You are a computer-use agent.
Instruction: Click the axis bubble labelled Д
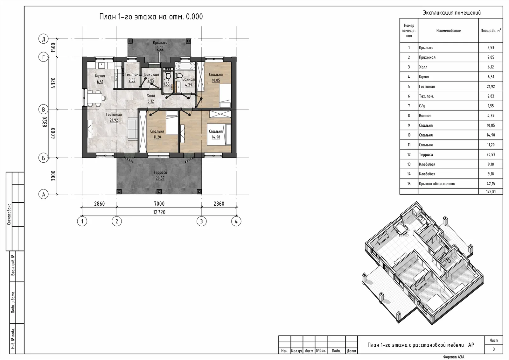43,39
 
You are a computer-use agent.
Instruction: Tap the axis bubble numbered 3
201,221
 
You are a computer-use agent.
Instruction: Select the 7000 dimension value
159,204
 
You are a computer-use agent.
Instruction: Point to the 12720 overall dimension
159,212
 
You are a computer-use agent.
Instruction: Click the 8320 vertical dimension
45,122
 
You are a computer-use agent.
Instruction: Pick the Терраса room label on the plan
160,173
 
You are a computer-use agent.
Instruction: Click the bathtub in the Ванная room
186,66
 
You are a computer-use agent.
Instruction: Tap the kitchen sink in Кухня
101,66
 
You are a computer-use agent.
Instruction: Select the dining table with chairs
95,98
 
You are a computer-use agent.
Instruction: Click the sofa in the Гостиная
132,129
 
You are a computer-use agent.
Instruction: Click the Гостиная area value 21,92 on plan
114,120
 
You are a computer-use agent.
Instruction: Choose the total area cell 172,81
491,192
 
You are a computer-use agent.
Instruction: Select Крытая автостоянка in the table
437,184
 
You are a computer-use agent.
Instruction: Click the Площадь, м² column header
491,31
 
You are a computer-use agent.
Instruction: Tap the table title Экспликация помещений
452,13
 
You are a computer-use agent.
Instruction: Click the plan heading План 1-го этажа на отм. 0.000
151,17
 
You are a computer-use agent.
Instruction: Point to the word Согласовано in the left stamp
9,214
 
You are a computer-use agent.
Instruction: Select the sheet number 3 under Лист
493,349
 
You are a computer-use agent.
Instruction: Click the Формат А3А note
454,357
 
